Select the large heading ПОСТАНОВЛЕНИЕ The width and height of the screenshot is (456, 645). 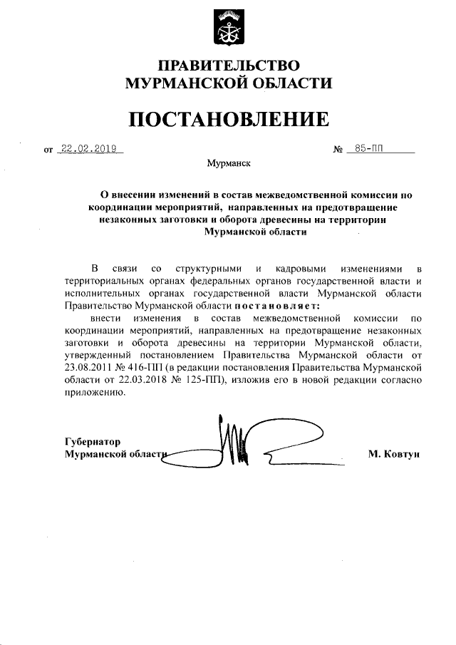pos(229,118)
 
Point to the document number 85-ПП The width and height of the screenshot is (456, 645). pos(368,149)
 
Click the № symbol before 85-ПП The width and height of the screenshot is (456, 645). pos(338,150)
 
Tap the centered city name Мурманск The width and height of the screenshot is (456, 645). pos(228,163)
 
